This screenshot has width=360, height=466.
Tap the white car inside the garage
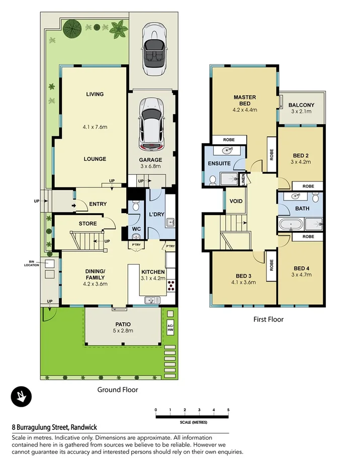point(152,123)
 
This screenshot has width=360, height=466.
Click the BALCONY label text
point(301,105)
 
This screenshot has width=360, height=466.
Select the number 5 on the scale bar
point(228,410)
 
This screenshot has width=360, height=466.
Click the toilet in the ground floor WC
point(135,207)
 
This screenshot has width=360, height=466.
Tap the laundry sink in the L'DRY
point(171,222)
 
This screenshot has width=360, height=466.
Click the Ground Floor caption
point(117,389)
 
